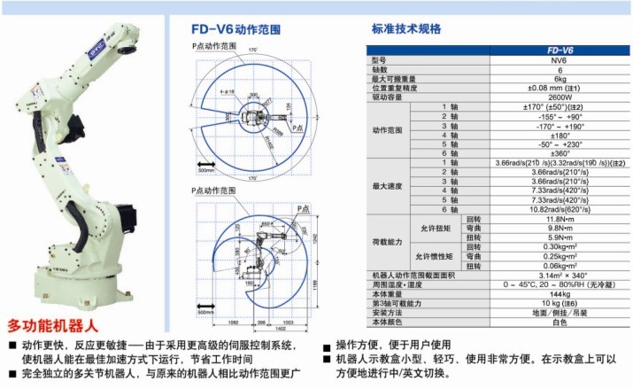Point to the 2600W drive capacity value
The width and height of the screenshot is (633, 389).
(x=559, y=97)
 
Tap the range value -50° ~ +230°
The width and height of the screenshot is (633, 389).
(x=559, y=144)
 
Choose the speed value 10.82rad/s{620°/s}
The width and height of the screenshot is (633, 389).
(x=559, y=209)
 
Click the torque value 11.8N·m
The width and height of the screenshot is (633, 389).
(x=559, y=219)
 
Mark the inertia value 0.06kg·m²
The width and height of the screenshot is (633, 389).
(x=559, y=266)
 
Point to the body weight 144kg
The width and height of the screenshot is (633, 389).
(x=559, y=293)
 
